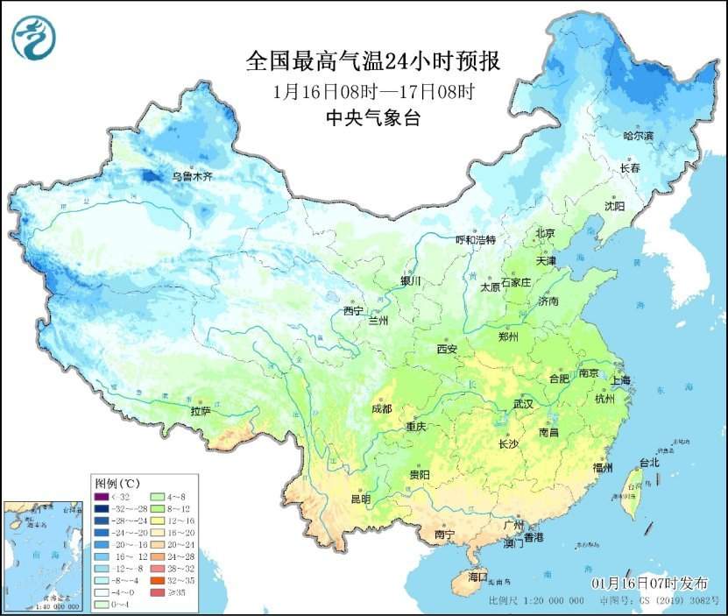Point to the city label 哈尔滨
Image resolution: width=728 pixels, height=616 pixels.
pos(638,136)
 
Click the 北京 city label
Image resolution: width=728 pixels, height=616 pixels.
pos(546,233)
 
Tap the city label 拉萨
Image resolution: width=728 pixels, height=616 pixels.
pos(200,410)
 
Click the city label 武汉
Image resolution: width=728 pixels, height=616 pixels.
pos(527,404)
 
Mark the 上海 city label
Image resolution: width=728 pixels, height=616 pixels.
pos(620,380)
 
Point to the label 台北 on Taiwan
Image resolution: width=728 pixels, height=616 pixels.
pos(648,462)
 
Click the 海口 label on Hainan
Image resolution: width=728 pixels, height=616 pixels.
pos(477,577)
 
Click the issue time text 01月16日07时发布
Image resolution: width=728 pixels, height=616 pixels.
pos(649,584)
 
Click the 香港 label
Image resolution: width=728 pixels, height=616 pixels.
pos(534,535)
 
